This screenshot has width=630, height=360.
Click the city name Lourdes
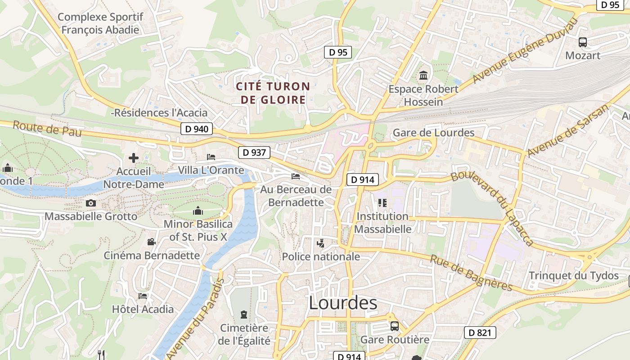click(343, 303)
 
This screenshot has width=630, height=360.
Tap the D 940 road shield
click(197, 129)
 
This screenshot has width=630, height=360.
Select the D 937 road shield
click(254, 153)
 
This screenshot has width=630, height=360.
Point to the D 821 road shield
click(480, 333)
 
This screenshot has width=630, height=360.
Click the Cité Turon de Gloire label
click(273, 93)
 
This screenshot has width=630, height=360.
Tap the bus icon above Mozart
click(583, 43)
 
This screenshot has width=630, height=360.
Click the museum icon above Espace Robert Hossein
click(423, 76)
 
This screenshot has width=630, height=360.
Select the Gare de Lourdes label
click(433, 133)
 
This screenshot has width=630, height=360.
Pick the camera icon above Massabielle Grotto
click(91, 203)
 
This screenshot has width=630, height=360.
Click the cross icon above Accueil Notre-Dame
click(134, 158)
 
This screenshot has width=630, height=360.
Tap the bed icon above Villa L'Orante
click(211, 157)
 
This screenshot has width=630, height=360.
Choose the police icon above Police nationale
click(321, 243)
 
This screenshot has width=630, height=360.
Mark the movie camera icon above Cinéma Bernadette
click(152, 242)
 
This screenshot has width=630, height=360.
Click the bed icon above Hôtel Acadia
click(143, 296)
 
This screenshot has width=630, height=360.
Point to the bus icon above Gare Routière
click(395, 326)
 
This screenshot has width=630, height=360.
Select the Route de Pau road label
click(47, 129)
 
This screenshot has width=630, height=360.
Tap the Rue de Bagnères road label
click(471, 273)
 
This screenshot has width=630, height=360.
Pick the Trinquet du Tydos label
click(574, 275)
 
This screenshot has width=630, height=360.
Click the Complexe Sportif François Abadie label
click(100, 23)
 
